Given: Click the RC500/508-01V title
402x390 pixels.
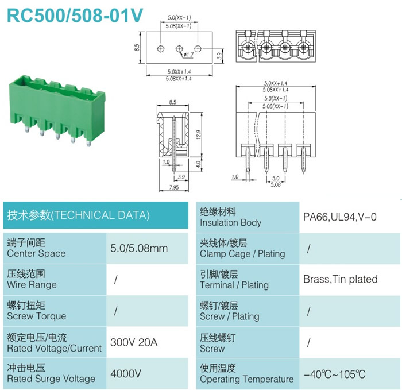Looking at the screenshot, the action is coord(75,16).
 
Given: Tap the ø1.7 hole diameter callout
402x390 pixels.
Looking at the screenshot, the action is coord(189,55).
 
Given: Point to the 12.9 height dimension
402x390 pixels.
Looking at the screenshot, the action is coord(198,134).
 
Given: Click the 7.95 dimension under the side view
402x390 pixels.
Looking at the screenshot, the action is coord(174,187).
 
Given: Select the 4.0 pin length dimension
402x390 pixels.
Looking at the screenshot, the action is coord(198,164).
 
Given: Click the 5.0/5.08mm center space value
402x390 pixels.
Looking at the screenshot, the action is coord(139,248).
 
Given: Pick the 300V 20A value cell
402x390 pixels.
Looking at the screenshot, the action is coord(134,342).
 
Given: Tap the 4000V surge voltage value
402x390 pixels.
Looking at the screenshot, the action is coord(126,373).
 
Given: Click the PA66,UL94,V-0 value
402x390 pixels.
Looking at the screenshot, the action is coord(340,217).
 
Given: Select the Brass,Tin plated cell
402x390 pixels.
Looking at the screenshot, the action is coord(341,279).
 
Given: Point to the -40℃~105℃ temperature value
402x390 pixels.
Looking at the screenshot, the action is coord(335,374).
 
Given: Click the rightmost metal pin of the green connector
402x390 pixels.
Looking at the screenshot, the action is coord(88,143).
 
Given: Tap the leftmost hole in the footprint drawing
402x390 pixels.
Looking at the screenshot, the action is coord(161,48).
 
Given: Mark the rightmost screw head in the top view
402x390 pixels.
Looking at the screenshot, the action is coord(304,47).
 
